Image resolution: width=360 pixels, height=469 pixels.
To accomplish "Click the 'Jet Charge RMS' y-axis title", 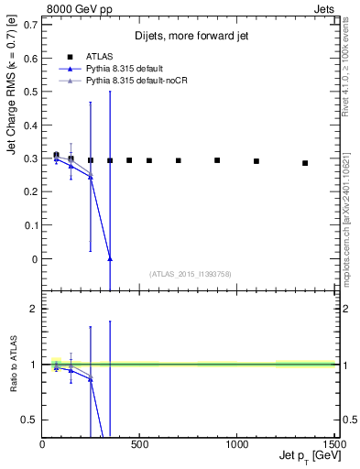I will click(12, 115).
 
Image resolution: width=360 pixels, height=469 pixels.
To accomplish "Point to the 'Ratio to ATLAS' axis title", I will click(12, 364).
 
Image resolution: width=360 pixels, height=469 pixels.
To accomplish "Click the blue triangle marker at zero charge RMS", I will click(110, 259).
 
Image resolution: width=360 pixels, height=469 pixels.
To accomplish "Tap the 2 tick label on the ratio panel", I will click(34, 309).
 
